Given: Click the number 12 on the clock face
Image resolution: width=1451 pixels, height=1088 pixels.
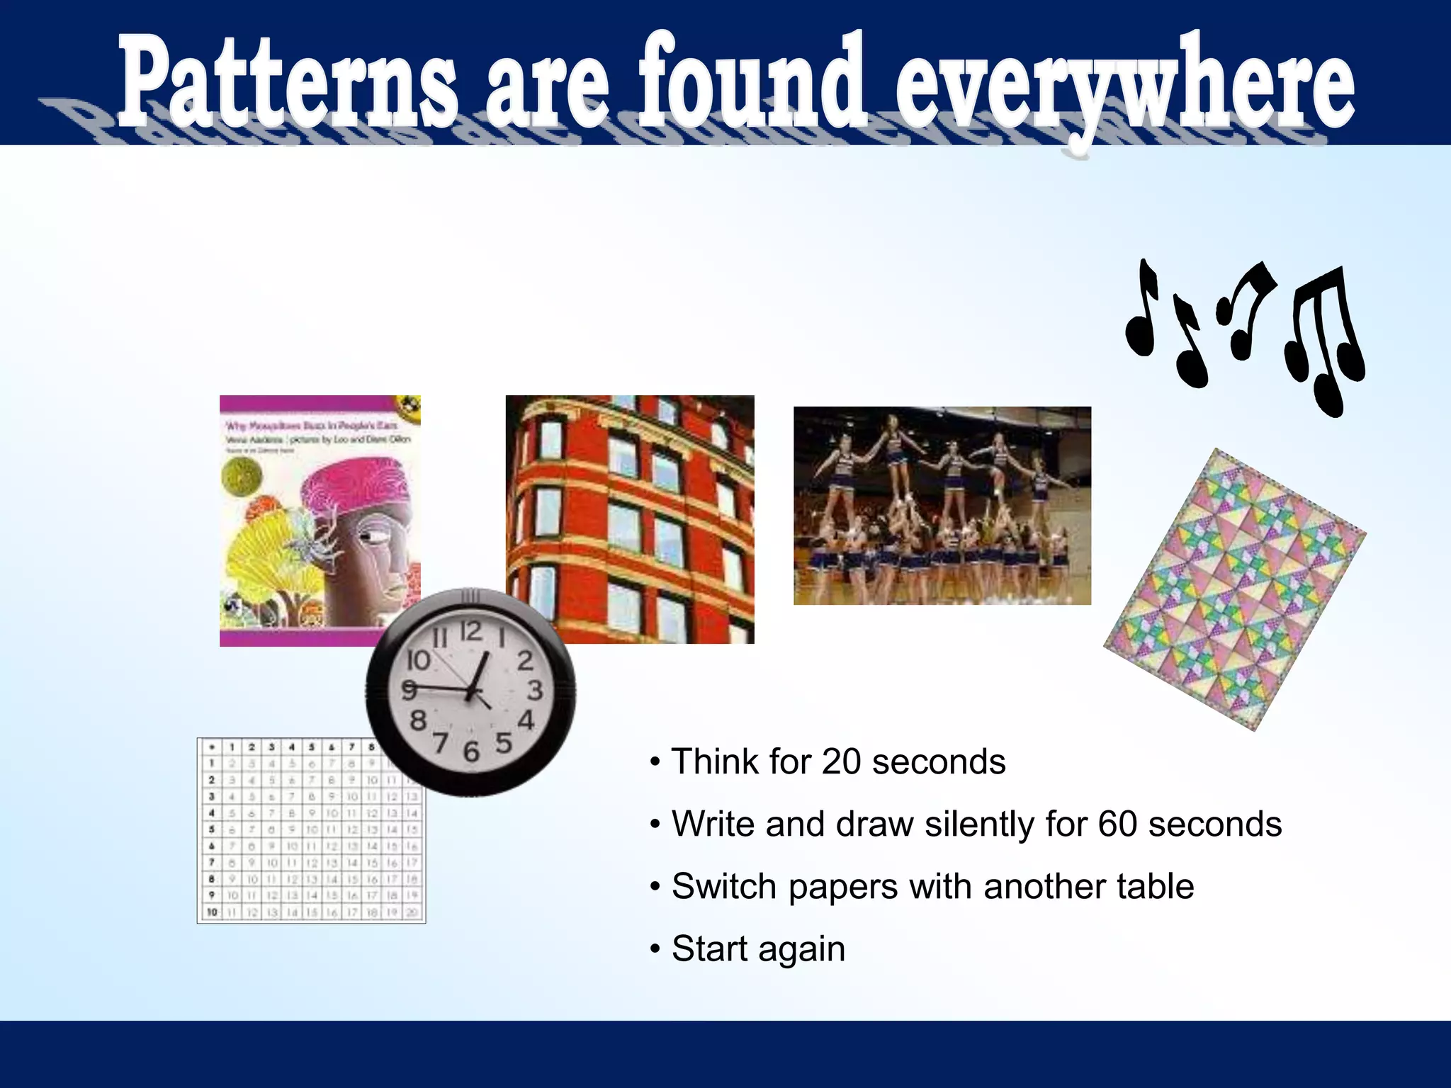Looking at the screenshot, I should coord(470,630).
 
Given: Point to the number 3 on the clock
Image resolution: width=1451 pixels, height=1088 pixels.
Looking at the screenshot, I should coord(535,690).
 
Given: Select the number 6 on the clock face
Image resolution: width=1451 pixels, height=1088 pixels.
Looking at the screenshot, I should coord(471,752).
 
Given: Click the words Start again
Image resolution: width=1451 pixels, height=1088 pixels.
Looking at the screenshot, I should coord(758,949).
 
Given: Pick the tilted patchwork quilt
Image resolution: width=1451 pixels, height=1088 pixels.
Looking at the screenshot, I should coord(1234,589).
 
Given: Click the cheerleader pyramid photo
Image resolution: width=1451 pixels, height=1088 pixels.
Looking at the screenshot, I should coord(942,506).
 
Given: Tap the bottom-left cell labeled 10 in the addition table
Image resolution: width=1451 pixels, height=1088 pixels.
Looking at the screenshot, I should coord(211,912).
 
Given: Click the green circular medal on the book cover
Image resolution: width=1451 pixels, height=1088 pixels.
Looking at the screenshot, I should coord(242,477).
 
